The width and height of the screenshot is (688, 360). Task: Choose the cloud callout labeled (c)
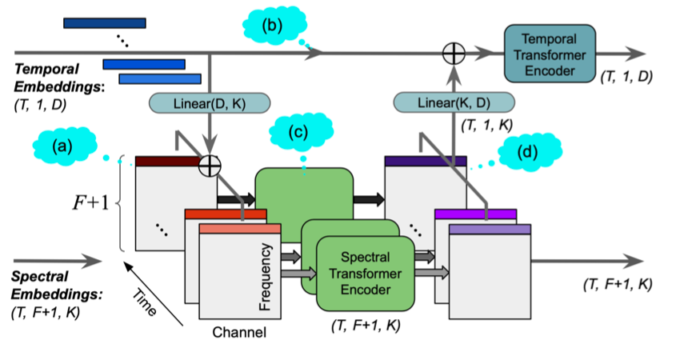[303, 132]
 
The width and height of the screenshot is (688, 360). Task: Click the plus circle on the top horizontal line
[454, 54]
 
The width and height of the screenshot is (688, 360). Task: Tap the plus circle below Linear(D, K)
[210, 166]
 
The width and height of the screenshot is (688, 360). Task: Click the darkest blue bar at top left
[105, 23]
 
